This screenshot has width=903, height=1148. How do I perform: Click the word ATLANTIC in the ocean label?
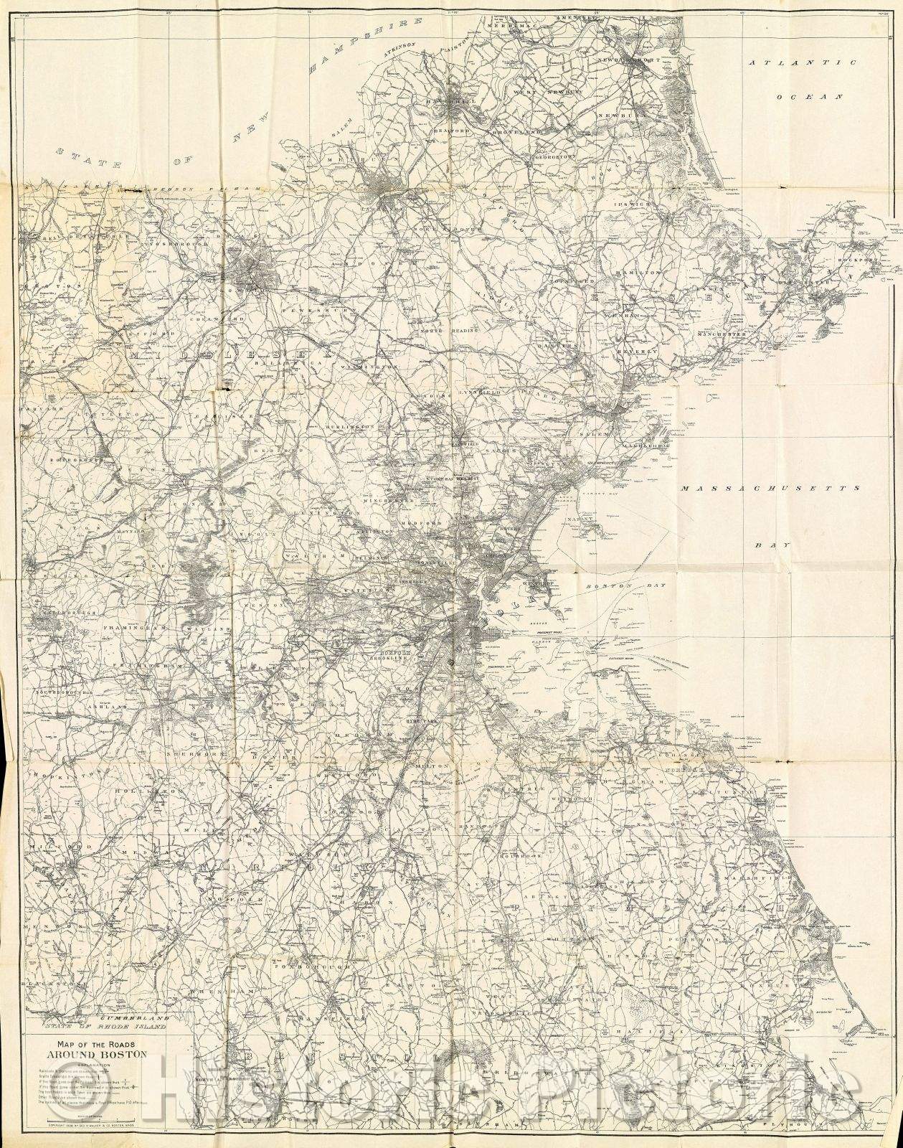803,63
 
